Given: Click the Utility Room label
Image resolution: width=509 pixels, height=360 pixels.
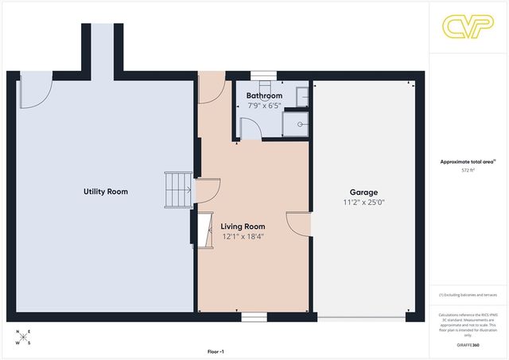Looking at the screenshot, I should [106, 192].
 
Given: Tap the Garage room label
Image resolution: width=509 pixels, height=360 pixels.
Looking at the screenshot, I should [363, 192].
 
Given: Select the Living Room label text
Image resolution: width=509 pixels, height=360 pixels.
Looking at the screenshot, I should [243, 226].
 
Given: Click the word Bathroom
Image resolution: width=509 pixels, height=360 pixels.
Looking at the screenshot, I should [264, 95].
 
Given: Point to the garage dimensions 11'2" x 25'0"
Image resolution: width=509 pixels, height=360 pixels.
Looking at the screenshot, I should [363, 203].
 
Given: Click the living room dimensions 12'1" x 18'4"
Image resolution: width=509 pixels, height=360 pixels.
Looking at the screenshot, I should [243, 236].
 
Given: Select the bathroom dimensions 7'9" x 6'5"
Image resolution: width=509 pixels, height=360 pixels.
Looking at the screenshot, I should [264, 105].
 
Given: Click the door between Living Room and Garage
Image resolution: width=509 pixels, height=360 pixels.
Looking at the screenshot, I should [299, 223].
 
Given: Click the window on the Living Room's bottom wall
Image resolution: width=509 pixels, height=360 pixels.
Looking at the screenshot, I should [254, 316].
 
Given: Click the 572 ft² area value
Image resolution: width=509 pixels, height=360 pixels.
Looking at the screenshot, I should [468, 170].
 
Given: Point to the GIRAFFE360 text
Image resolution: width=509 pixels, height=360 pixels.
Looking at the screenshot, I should [468, 345].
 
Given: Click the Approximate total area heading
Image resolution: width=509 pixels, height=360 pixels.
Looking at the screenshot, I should [468, 161].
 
